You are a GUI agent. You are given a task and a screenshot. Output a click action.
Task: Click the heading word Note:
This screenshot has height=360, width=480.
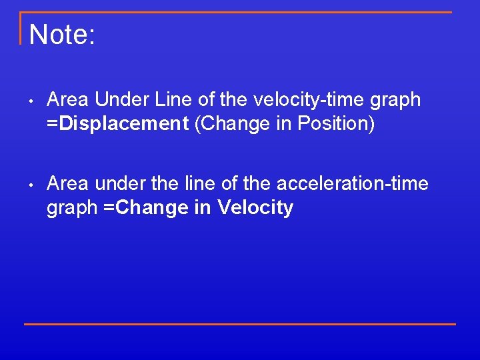[x=63, y=35]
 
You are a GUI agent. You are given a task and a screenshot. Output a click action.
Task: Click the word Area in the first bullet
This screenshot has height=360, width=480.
[x=68, y=100]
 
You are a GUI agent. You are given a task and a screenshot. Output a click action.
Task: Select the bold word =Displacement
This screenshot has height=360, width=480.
[x=117, y=124]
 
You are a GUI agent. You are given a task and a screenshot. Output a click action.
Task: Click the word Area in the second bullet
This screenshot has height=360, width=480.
[x=68, y=183]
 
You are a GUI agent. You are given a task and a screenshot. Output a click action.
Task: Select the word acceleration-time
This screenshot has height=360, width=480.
[x=352, y=183]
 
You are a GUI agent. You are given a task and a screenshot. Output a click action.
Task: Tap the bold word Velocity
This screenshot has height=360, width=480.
[x=255, y=208]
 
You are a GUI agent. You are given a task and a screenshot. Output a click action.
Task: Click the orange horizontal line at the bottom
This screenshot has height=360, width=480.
[x=240, y=324]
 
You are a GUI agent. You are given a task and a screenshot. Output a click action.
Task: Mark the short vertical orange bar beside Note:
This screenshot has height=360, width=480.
[x=21, y=28]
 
